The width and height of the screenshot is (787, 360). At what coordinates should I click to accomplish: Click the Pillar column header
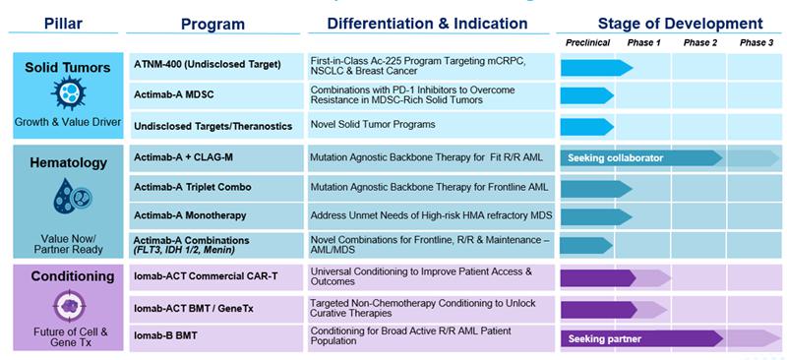click(x=63, y=23)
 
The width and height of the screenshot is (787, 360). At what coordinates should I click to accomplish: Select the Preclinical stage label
click(x=587, y=42)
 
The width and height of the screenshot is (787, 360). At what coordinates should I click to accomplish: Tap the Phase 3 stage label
click(x=757, y=42)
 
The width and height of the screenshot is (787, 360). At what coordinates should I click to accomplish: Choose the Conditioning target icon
click(x=69, y=306)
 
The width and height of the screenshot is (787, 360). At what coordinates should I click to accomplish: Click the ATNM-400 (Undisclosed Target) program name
click(x=208, y=65)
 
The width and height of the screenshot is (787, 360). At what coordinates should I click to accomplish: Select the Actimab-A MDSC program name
click(x=174, y=94)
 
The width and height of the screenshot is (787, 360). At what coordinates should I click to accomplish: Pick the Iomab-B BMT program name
click(x=165, y=334)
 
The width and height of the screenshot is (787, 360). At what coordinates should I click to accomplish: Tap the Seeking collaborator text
click(x=616, y=158)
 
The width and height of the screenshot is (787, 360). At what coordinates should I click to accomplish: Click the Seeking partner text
click(x=604, y=339)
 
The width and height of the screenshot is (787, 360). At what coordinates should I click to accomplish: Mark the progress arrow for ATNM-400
click(x=597, y=68)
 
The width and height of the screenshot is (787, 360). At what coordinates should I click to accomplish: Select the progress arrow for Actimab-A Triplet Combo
click(x=596, y=189)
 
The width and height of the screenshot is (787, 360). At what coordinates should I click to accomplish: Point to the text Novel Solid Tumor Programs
click(x=373, y=124)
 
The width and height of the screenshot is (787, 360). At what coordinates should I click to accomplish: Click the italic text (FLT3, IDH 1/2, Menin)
click(x=185, y=250)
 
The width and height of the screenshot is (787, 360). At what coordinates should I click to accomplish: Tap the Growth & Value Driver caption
click(x=68, y=122)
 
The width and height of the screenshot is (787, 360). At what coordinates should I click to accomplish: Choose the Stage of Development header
click(x=680, y=24)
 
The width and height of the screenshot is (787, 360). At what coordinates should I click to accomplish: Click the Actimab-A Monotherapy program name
click(x=190, y=215)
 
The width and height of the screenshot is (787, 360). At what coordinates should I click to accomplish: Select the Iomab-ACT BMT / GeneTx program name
click(x=193, y=308)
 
